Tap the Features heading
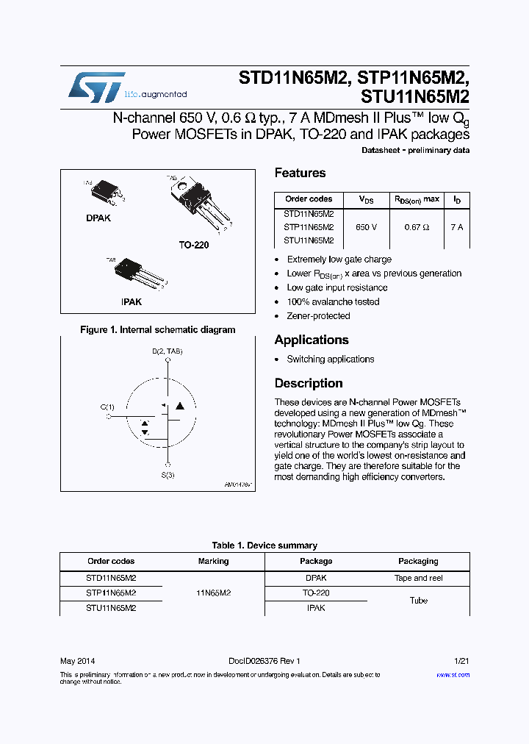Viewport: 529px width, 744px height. pos(300,173)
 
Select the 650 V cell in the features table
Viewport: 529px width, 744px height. pos(366,227)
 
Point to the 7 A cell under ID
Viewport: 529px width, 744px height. pos(456,227)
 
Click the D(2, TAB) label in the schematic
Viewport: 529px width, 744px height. pos(168,351)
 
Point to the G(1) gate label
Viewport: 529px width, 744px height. pos(107,407)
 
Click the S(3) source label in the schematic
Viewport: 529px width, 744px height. pos(168,475)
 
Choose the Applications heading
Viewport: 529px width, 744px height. pos(312,340)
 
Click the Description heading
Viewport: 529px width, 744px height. pos(309,383)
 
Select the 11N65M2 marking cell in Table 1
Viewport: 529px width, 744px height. pos(213,593)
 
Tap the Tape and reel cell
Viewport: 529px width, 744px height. pos(418,578)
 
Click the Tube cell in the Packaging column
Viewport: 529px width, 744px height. pos(418,601)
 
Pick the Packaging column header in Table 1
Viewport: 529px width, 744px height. pos(418,561)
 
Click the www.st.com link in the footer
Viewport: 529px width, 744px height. pos(452,674)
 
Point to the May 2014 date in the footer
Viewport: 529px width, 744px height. pos(77,660)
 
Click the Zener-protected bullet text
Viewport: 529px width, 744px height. pos(318,316)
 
